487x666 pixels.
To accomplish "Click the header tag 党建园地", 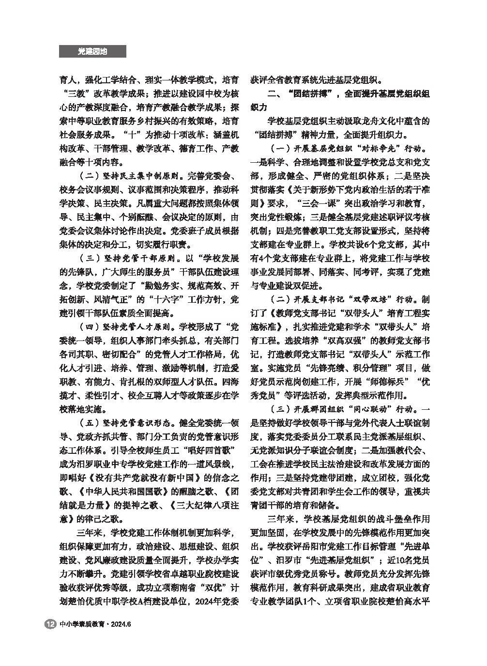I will pos(92,51).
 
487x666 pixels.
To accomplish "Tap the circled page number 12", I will pos(50,624).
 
